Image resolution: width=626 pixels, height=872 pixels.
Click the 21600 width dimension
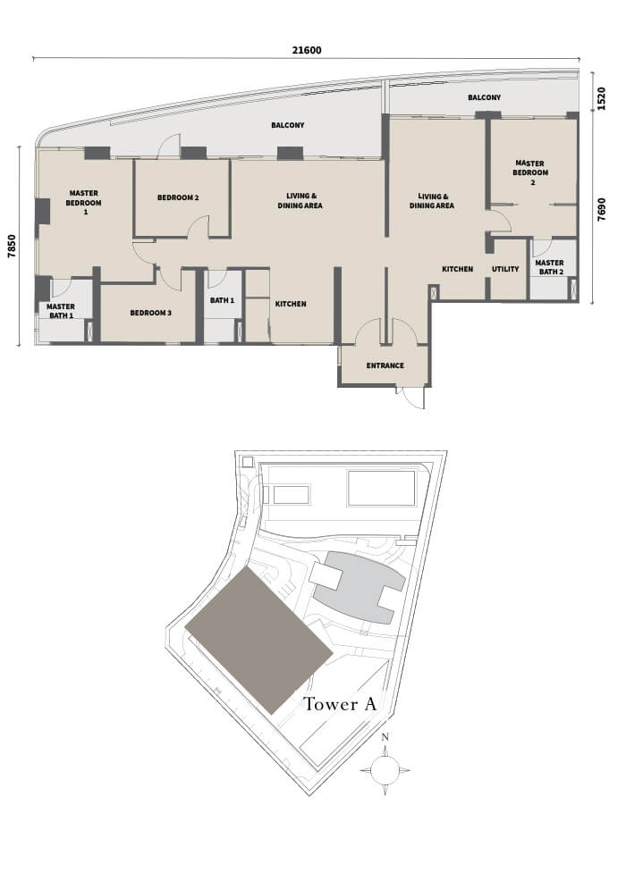307,50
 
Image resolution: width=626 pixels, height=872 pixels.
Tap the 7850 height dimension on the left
12,247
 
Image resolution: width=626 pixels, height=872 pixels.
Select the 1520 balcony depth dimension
601,98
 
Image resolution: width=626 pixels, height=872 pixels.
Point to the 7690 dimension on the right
601,210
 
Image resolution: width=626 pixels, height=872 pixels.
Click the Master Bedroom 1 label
84,203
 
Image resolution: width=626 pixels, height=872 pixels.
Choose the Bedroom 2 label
178,197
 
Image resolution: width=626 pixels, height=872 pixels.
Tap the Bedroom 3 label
151,313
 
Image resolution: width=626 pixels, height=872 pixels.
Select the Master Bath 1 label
61,311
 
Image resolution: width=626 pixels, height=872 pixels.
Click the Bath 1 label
222,300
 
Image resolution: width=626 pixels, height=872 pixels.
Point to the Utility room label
505,269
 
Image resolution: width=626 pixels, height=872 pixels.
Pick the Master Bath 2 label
549,267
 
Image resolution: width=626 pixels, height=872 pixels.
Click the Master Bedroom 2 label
530,172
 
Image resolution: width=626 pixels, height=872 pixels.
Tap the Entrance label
385,366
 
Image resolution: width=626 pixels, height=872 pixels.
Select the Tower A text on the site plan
340,704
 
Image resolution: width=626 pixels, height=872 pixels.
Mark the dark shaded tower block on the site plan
258,641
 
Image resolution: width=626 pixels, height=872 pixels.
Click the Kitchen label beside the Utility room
457,269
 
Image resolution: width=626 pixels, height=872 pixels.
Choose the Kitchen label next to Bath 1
291,304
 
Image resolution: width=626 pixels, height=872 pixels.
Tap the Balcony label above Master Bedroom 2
484,97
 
